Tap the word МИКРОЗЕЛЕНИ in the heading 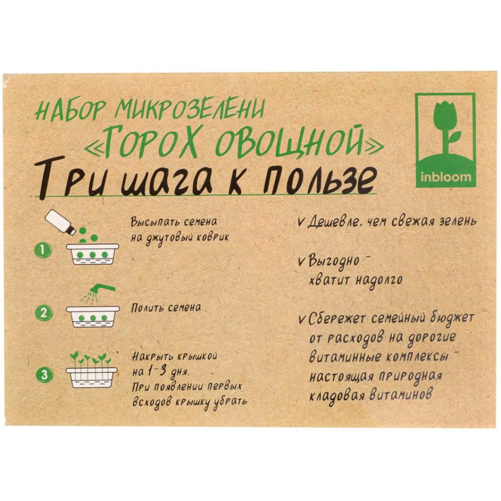coord(190,108)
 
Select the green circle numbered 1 coord(43,250)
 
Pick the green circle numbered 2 coord(44,313)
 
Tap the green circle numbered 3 coord(44,374)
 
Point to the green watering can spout coord(102,287)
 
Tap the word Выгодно coord(334,262)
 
